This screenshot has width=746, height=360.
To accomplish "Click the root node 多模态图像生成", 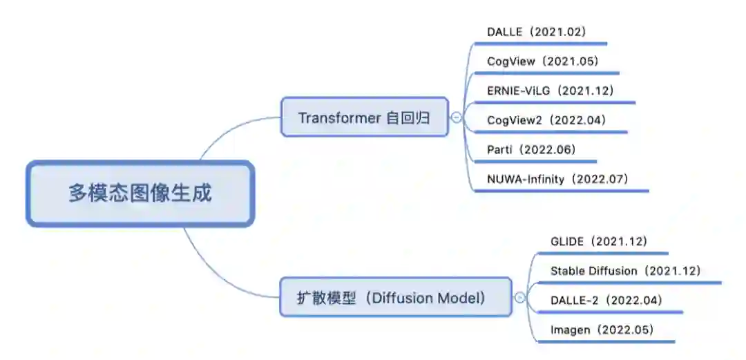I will [140, 193].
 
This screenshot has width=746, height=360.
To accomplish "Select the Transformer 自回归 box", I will [364, 117].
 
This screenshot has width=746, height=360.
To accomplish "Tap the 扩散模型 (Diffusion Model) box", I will [395, 298].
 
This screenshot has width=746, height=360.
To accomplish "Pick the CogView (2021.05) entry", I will [542, 61].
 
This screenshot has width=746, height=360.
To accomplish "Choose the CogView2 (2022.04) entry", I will [546, 120].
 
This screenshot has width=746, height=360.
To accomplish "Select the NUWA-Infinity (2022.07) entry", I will [557, 179].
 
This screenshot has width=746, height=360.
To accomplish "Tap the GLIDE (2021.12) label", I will [598, 241].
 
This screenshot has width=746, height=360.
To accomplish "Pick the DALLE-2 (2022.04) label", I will [606, 300].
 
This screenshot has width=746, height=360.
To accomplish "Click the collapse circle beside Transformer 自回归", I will [457, 118].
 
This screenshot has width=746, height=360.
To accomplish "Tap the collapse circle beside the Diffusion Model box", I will [520, 299].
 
